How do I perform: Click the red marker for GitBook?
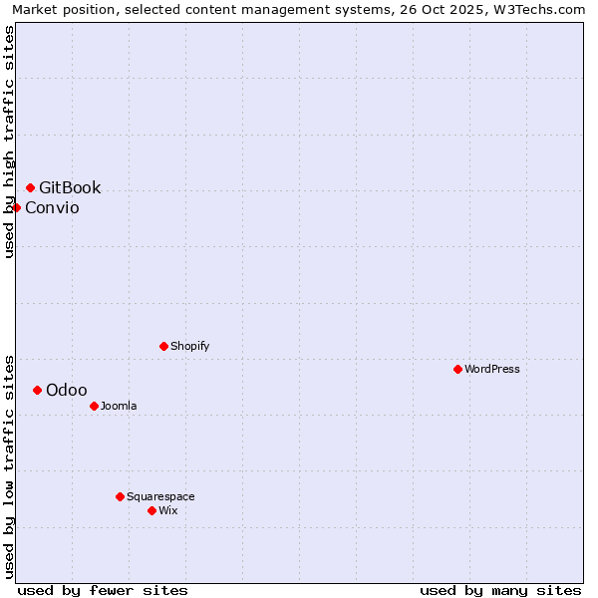[30, 187]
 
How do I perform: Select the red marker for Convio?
[17, 207]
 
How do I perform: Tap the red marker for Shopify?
[163, 346]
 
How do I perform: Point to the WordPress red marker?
[457, 369]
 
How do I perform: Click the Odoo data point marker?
[37, 390]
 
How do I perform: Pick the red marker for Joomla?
[94, 406]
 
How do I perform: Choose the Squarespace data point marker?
[120, 496]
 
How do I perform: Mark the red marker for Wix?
[151, 510]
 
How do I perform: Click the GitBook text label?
[70, 187]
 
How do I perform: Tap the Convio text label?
[52, 207]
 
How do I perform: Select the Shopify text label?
[189, 346]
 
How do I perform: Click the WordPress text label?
[491, 369]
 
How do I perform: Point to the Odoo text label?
[67, 390]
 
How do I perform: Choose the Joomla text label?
[119, 406]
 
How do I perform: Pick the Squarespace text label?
[160, 496]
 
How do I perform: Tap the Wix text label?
[167, 510]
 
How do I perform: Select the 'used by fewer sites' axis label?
[103, 590]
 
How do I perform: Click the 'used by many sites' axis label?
[500, 590]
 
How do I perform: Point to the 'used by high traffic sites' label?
[9, 142]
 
